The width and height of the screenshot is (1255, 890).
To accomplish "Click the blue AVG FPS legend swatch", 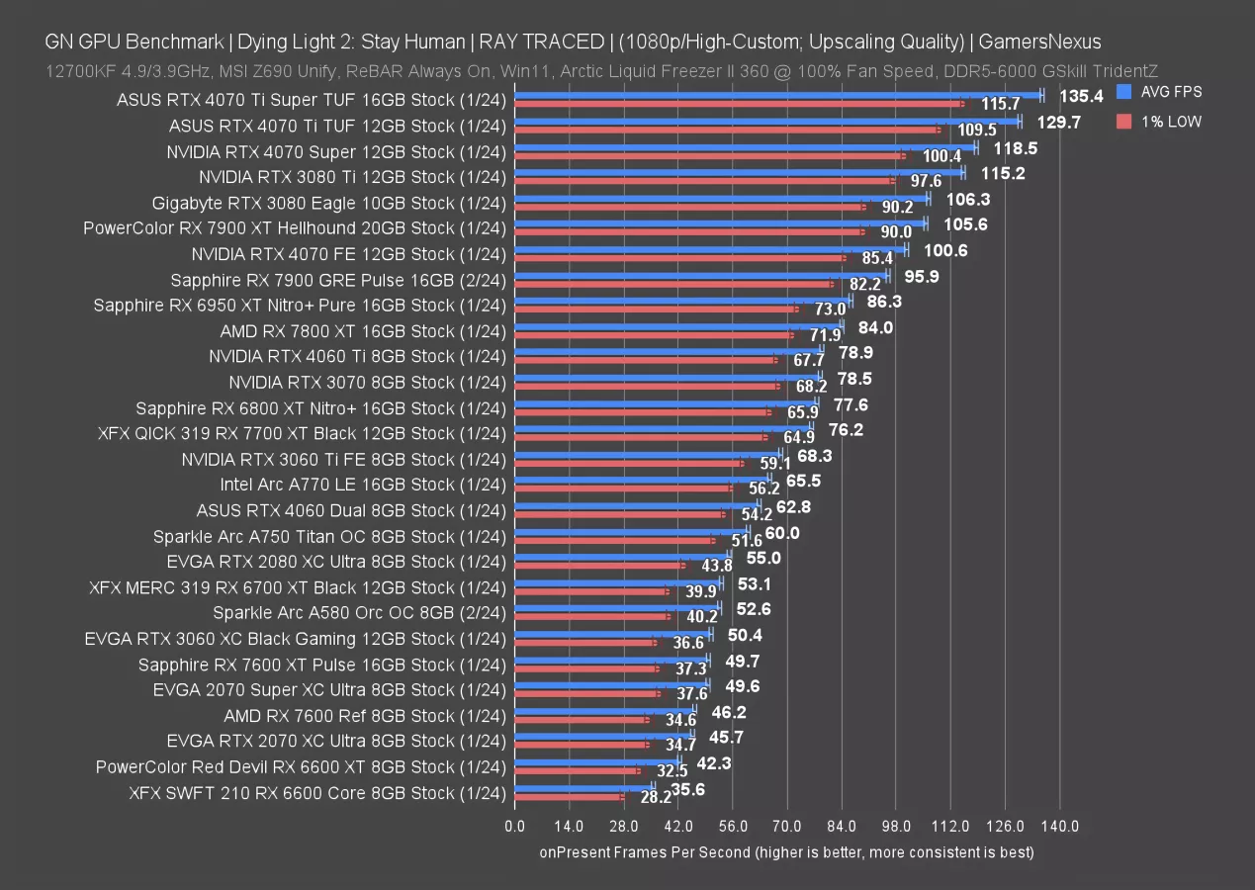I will (1122, 92).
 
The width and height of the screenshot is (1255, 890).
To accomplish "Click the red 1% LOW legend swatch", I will (1122, 122).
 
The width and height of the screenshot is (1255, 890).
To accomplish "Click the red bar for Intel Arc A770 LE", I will (623, 488).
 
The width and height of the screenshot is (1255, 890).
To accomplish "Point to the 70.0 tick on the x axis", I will (787, 826).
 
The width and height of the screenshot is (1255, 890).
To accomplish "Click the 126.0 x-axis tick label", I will (1005, 826).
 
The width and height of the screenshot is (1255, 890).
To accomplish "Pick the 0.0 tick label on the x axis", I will (515, 826).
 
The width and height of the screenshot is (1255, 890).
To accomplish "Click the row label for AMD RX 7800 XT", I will (358, 330).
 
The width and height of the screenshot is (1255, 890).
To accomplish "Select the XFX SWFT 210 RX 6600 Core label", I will (316, 792).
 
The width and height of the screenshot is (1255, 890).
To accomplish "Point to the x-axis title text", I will (786, 851).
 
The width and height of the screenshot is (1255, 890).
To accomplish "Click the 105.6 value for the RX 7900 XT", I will (966, 224).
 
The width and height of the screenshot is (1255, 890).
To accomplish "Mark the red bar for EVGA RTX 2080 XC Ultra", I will (599, 565).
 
